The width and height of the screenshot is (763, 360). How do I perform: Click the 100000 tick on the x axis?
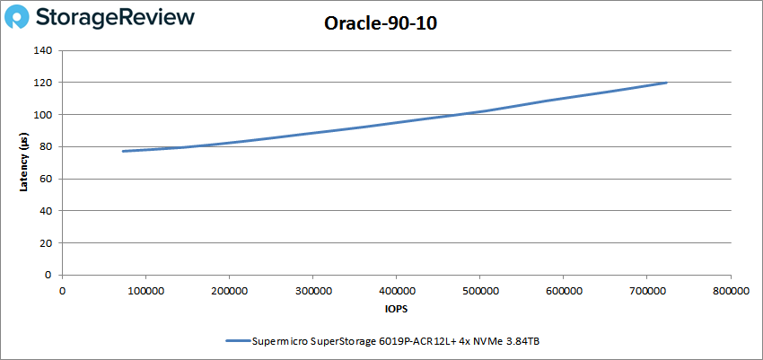coord(145,290)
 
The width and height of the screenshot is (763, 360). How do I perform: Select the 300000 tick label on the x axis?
coord(312,290)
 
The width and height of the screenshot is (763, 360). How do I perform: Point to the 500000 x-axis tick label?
coord(479,290)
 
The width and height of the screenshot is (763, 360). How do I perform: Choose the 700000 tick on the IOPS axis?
coord(646,290)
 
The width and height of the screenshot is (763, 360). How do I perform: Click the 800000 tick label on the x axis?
coord(730,290)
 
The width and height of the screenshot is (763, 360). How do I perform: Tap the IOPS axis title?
coord(396,308)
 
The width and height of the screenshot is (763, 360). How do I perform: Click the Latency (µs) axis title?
coord(25,162)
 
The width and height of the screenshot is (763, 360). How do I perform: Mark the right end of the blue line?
coord(666,83)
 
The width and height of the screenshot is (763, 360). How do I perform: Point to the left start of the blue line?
coord(123,151)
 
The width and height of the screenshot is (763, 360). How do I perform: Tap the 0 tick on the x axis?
coord(63,290)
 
